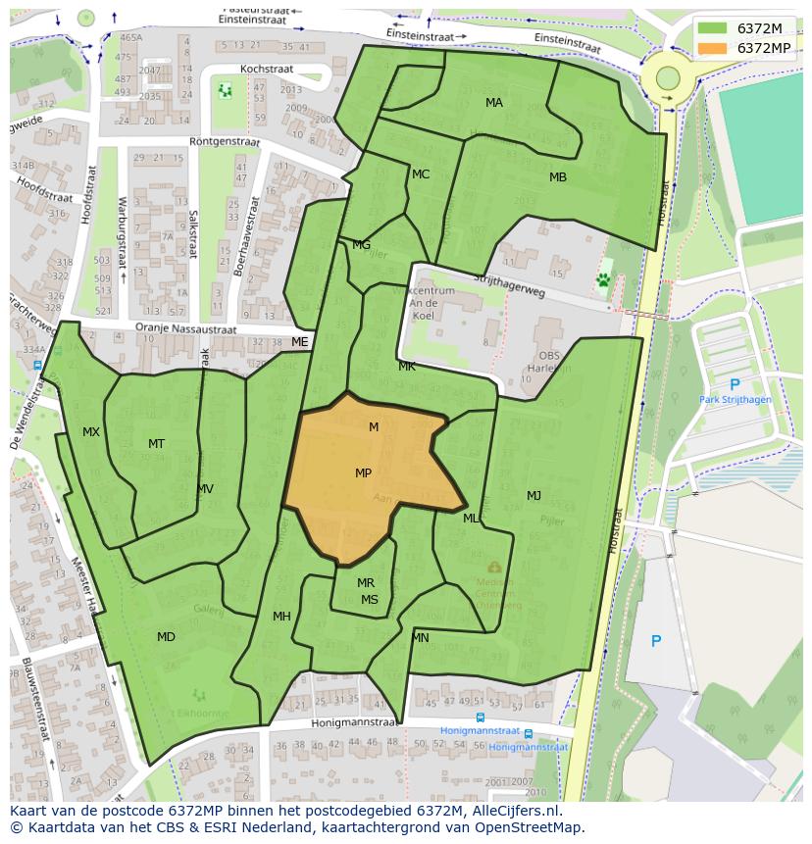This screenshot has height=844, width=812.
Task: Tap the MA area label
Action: tap(494, 103)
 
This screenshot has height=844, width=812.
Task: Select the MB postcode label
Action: tap(557, 177)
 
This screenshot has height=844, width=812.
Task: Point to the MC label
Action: tap(421, 174)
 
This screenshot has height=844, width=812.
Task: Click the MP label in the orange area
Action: tap(363, 473)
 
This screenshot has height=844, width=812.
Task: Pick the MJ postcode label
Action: tap(533, 495)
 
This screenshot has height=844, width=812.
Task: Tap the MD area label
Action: tap(166, 637)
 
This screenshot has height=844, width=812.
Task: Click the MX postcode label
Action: tap(91, 432)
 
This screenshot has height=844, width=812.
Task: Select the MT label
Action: tap(156, 444)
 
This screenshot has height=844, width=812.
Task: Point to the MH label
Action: tap(281, 617)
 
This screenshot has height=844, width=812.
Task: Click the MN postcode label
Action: tap(421, 638)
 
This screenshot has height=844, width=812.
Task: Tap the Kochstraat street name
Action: tap(269, 70)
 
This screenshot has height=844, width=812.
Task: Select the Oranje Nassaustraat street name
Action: tap(186, 330)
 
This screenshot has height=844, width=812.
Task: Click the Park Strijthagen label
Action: tap(735, 400)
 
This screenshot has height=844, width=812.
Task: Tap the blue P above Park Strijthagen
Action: tap(735, 384)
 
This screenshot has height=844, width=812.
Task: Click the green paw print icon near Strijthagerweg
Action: tap(603, 279)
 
